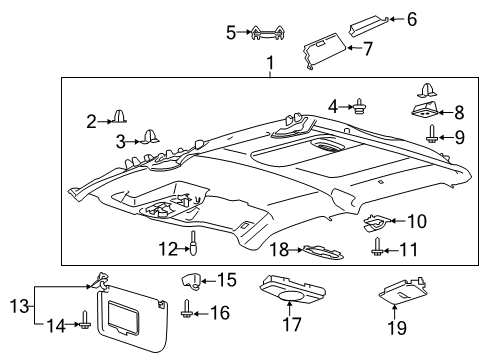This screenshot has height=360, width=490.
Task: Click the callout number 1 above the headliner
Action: click(269, 66)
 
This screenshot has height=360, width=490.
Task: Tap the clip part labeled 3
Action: click(153, 138)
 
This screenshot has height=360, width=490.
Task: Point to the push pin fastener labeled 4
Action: click(358, 106)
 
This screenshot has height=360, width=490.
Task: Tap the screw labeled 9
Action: click(431, 136)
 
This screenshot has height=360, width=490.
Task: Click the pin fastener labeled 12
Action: click(196, 244)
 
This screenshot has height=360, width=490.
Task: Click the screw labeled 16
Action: click(190, 313)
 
